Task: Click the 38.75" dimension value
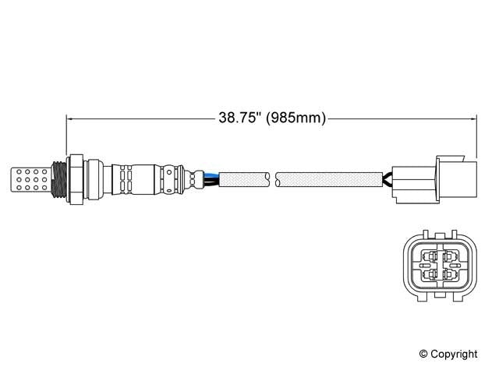tap(237, 118)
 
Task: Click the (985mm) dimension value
tap(294, 118)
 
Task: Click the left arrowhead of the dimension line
tap(73, 118)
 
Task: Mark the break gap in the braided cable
tap(274, 179)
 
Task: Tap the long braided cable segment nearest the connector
tap(331, 179)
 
